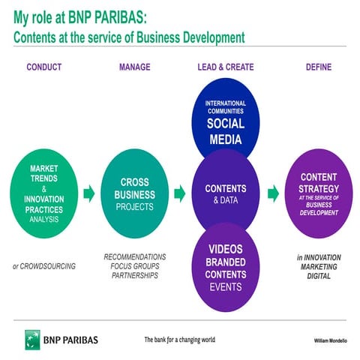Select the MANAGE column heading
tap(134, 67)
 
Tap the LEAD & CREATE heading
tap(226, 67)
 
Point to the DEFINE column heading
tap(318, 67)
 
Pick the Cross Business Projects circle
tap(135, 193)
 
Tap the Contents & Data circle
tap(226, 193)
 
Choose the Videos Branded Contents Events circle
tap(226, 266)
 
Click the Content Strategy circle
tap(318, 193)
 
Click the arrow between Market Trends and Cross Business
tap(88, 194)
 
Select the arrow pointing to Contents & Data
tap(180, 194)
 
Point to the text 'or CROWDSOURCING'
tap(43, 266)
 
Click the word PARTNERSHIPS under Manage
tap(135, 275)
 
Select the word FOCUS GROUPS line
tap(135, 266)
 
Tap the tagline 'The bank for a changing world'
tap(179, 340)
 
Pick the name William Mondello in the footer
tap(330, 340)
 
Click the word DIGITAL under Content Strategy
tap(318, 275)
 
